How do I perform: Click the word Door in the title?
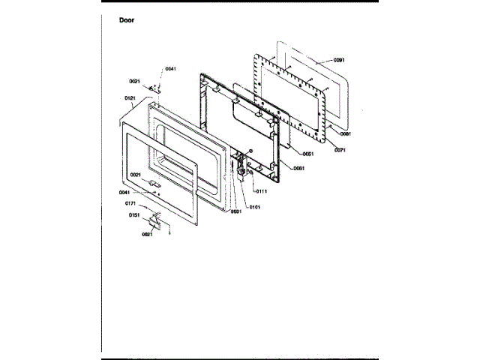[127, 20]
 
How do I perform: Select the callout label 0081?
[346, 133]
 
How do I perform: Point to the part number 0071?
[340, 150]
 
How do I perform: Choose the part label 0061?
[298, 168]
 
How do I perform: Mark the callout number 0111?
[262, 191]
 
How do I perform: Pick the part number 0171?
[130, 203]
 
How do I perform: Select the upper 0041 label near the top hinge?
[171, 69]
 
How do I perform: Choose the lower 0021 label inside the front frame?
[135, 175]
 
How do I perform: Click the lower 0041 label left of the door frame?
[124, 192]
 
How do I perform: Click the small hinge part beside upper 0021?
[151, 88]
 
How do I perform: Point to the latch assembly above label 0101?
[241, 169]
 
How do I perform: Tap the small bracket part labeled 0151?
[155, 220]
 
